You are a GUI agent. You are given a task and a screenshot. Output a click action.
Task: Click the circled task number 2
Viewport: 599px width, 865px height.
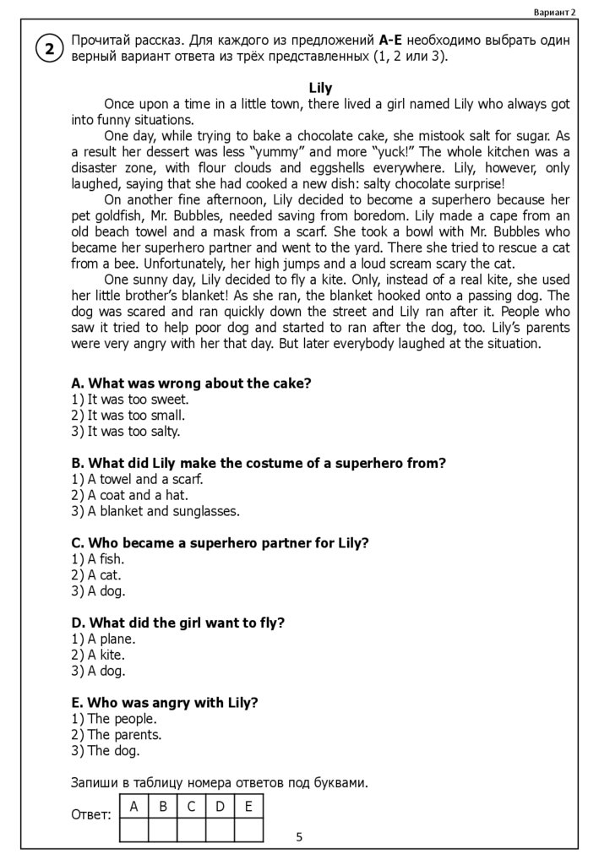coord(49,50)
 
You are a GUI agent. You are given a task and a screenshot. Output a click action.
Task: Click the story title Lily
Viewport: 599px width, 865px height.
coord(320,88)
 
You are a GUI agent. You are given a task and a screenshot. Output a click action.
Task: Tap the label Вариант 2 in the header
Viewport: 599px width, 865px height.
coord(554,12)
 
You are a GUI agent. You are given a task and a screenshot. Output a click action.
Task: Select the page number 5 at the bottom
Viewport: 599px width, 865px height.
coord(299,837)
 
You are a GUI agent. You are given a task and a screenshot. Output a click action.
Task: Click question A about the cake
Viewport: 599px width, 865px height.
coord(192,384)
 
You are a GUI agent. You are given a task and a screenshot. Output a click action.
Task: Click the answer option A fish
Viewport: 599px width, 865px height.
coord(99,559)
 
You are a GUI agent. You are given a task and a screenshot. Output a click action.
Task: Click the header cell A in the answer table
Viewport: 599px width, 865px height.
coord(133,807)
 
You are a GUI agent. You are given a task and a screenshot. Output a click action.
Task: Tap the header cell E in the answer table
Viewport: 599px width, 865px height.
coord(248,807)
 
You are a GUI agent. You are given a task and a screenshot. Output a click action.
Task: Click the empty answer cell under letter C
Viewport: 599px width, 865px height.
coord(191,830)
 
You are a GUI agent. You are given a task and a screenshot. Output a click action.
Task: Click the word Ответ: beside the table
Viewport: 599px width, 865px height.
coord(91,815)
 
